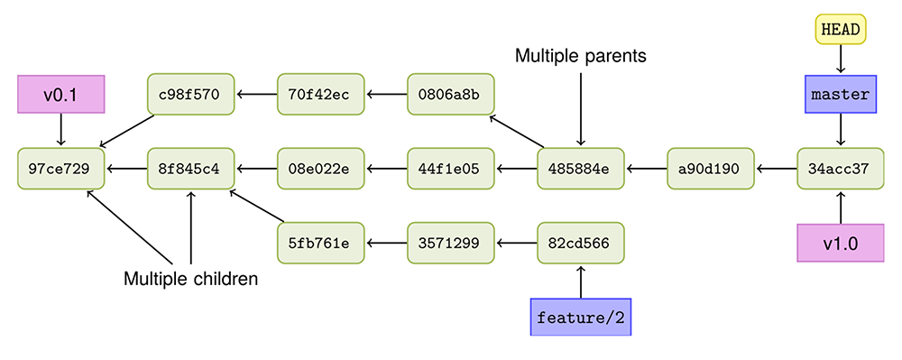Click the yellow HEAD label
(840, 30)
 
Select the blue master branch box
(840, 94)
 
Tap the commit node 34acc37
(840, 168)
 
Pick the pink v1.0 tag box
(840, 243)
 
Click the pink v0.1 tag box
(61, 94)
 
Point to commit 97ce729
(61, 168)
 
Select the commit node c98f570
(190, 94)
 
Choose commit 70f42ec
(320, 94)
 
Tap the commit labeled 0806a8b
(450, 94)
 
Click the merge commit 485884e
(580, 168)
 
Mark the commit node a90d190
(710, 168)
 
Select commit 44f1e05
(450, 168)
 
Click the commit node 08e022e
(320, 168)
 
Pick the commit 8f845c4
(190, 168)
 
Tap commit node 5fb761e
(320, 243)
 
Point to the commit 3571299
(450, 243)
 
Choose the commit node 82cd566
(580, 243)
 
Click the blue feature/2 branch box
(580, 318)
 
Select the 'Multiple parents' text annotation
(581, 56)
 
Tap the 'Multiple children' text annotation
(190, 280)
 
